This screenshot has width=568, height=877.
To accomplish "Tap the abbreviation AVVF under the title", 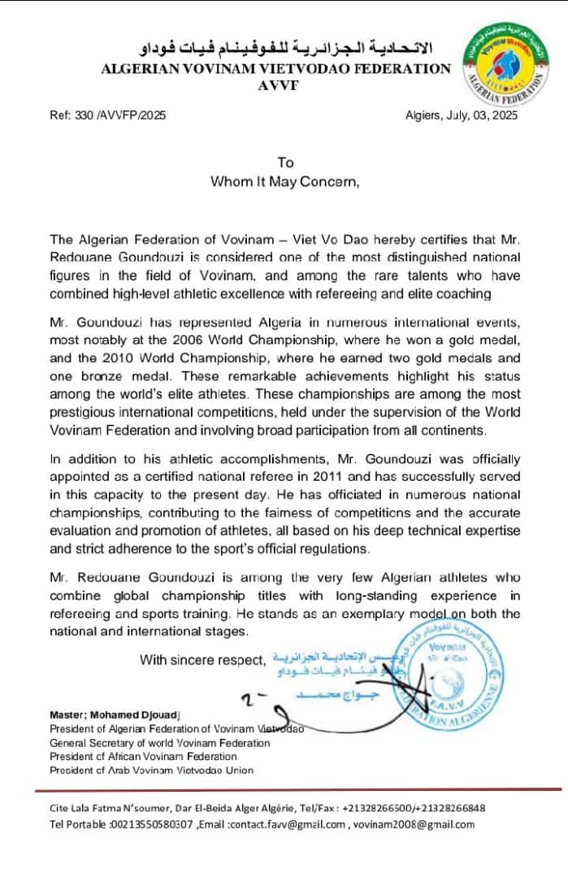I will point(276,86).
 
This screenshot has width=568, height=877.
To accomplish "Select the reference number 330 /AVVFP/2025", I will point(108,116).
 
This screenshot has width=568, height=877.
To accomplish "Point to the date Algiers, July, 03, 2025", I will point(461,116).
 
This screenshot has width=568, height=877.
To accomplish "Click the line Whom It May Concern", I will point(284,181).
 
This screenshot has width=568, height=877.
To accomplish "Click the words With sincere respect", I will point(202,659).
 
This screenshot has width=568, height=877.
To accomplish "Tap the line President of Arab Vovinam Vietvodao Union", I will point(152,770).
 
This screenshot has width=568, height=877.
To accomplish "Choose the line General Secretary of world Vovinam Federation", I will point(160,742).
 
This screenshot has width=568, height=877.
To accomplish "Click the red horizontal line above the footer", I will point(298,789).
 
